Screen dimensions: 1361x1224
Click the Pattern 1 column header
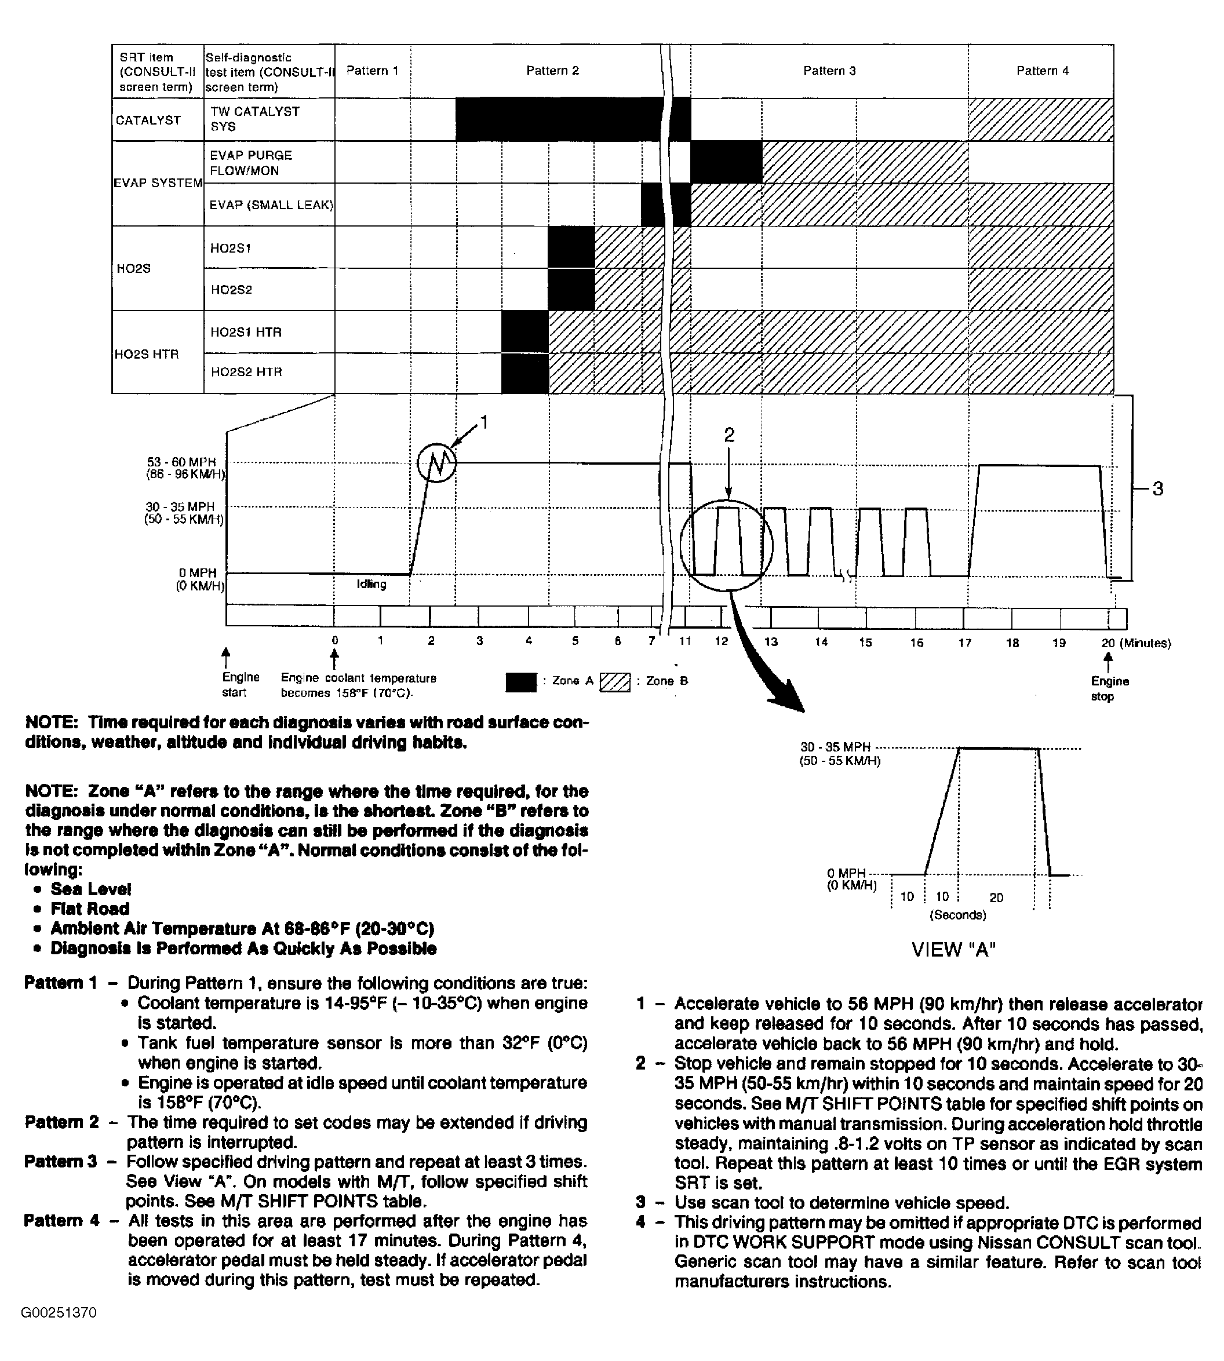372,71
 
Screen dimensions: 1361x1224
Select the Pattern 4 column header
1042,71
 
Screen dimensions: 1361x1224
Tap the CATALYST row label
148,121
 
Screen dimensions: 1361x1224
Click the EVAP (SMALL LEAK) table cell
271,205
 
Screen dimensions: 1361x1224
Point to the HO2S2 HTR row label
246,372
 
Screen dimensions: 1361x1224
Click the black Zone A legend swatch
520,682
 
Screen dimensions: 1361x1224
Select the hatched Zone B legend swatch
615,682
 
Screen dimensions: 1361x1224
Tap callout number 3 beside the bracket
1157,489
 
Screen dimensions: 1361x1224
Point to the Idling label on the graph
371,585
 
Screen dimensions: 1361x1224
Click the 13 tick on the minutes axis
771,642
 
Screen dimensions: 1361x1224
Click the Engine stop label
1110,688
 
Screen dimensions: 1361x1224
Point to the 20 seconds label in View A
996,897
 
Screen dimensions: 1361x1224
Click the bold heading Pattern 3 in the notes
60,1161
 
